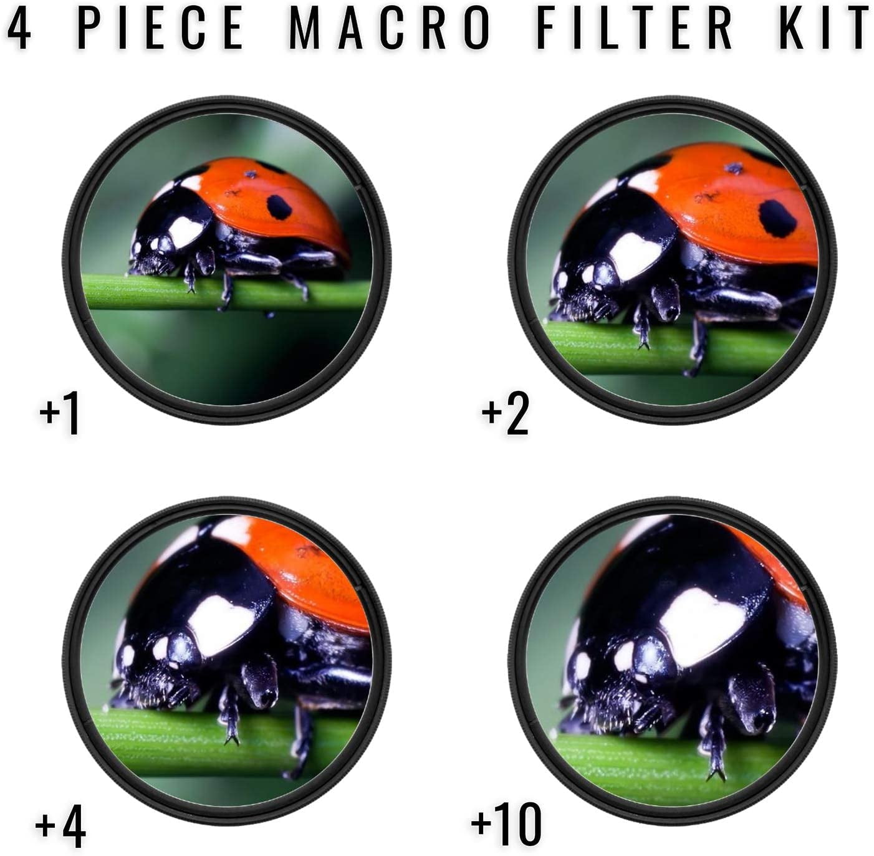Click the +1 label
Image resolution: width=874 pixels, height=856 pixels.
pyautogui.click(x=59, y=414)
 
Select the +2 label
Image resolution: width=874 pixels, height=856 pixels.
pyautogui.click(x=505, y=414)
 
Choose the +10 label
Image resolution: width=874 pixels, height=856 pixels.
pyautogui.click(x=506, y=819)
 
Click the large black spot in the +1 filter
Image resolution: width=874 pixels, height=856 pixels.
pyautogui.click(x=279, y=208)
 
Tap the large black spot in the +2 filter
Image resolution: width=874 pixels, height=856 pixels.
pyautogui.click(x=777, y=218)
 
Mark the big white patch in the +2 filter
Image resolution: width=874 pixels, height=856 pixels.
pyautogui.click(x=636, y=255)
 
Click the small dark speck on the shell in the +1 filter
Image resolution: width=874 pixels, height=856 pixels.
pyautogui.click(x=250, y=173)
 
